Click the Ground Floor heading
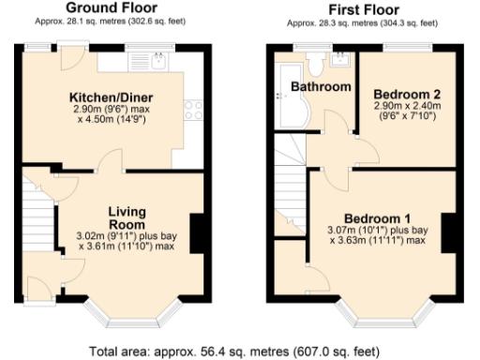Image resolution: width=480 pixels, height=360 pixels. [111, 8]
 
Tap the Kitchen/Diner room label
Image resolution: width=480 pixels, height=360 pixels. [111, 97]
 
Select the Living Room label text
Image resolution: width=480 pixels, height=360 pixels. [126, 217]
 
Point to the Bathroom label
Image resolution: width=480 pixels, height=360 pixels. [320, 87]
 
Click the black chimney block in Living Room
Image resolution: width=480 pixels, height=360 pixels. [197, 232]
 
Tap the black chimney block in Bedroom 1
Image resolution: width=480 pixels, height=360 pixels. [447, 232]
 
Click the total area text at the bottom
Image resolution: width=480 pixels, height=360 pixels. [235, 351]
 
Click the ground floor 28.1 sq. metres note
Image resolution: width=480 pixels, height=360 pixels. [111, 21]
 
